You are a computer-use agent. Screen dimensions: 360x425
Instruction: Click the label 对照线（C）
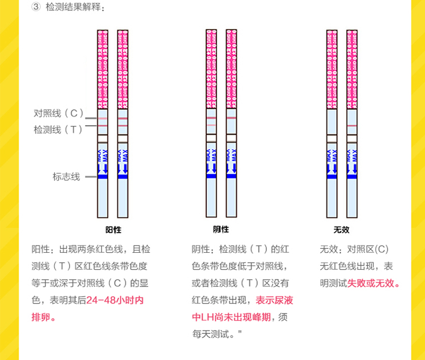tap(58, 113)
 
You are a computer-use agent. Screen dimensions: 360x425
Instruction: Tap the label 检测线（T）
tap(58, 129)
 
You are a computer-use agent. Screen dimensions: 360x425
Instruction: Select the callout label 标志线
tap(66, 177)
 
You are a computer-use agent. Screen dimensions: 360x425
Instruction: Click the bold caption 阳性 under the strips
tap(113, 230)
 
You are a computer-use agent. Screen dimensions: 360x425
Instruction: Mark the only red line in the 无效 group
tap(352, 125)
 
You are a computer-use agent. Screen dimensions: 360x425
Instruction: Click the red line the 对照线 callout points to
tap(103, 118)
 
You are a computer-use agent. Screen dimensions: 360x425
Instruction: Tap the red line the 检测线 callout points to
tap(103, 124)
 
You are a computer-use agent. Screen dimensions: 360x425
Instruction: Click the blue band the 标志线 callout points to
tap(103, 177)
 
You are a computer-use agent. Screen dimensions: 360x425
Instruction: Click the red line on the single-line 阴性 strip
tap(231, 118)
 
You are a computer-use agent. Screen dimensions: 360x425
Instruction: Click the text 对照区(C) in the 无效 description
tap(368, 249)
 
